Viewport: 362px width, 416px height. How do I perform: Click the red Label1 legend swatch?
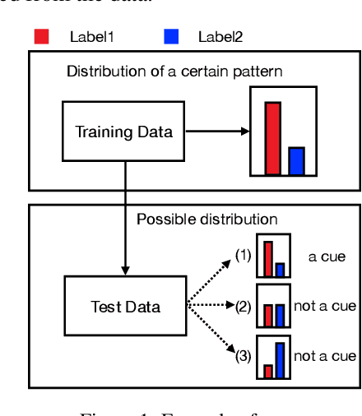[x=41, y=36]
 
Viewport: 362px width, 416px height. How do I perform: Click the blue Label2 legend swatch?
[x=170, y=36]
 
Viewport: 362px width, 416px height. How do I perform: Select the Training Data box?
[x=125, y=132]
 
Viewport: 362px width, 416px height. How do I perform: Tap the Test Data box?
[x=125, y=307]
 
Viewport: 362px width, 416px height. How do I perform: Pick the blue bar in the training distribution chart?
[x=296, y=160]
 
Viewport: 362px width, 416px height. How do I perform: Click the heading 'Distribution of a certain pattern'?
[x=174, y=71]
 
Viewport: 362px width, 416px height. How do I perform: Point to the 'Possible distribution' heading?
[x=207, y=219]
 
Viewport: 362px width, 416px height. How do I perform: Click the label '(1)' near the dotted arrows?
[x=243, y=256]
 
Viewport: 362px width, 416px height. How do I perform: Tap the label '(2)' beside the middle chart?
[x=243, y=307]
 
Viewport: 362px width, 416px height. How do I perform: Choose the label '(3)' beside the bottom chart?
[x=243, y=356]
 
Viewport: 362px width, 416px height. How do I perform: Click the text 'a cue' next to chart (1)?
[x=327, y=257]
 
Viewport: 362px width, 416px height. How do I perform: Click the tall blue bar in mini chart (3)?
[x=280, y=359]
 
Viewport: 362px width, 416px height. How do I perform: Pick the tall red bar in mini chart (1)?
[x=267, y=258]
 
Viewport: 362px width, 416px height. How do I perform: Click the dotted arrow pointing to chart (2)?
[x=210, y=307]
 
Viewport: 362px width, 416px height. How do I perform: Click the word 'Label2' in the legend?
[x=220, y=36]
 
